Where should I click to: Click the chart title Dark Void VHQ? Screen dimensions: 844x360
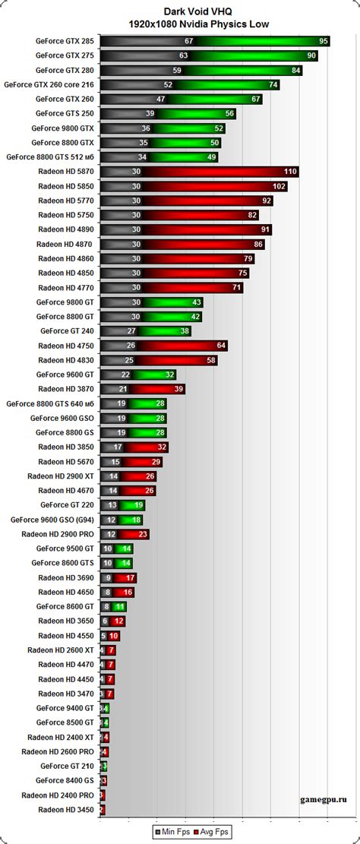[x=180, y=11]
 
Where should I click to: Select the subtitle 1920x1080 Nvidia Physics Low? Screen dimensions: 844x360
[x=180, y=24]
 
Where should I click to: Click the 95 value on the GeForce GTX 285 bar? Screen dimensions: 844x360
[x=324, y=41]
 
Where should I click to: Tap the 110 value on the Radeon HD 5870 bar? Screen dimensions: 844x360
[x=290, y=172]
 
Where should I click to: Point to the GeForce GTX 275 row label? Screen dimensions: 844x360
[x=65, y=55]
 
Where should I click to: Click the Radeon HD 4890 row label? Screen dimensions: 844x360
[x=66, y=229]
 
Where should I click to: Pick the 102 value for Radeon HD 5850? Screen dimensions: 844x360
[x=279, y=186]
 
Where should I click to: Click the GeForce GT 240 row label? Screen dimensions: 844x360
[x=67, y=331]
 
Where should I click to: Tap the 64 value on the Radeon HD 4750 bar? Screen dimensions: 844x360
[x=221, y=346]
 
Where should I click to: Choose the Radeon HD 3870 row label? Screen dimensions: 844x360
[x=66, y=389]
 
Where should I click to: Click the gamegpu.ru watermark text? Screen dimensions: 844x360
[x=327, y=799]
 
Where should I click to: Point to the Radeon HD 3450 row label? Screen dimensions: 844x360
[x=66, y=810]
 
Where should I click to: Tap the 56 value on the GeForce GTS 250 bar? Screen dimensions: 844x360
[x=229, y=114]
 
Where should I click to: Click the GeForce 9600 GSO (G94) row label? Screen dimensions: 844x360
[x=52, y=520]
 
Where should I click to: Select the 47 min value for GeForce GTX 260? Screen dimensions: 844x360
[x=161, y=100]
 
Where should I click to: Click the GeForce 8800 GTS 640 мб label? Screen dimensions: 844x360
[x=50, y=403]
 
